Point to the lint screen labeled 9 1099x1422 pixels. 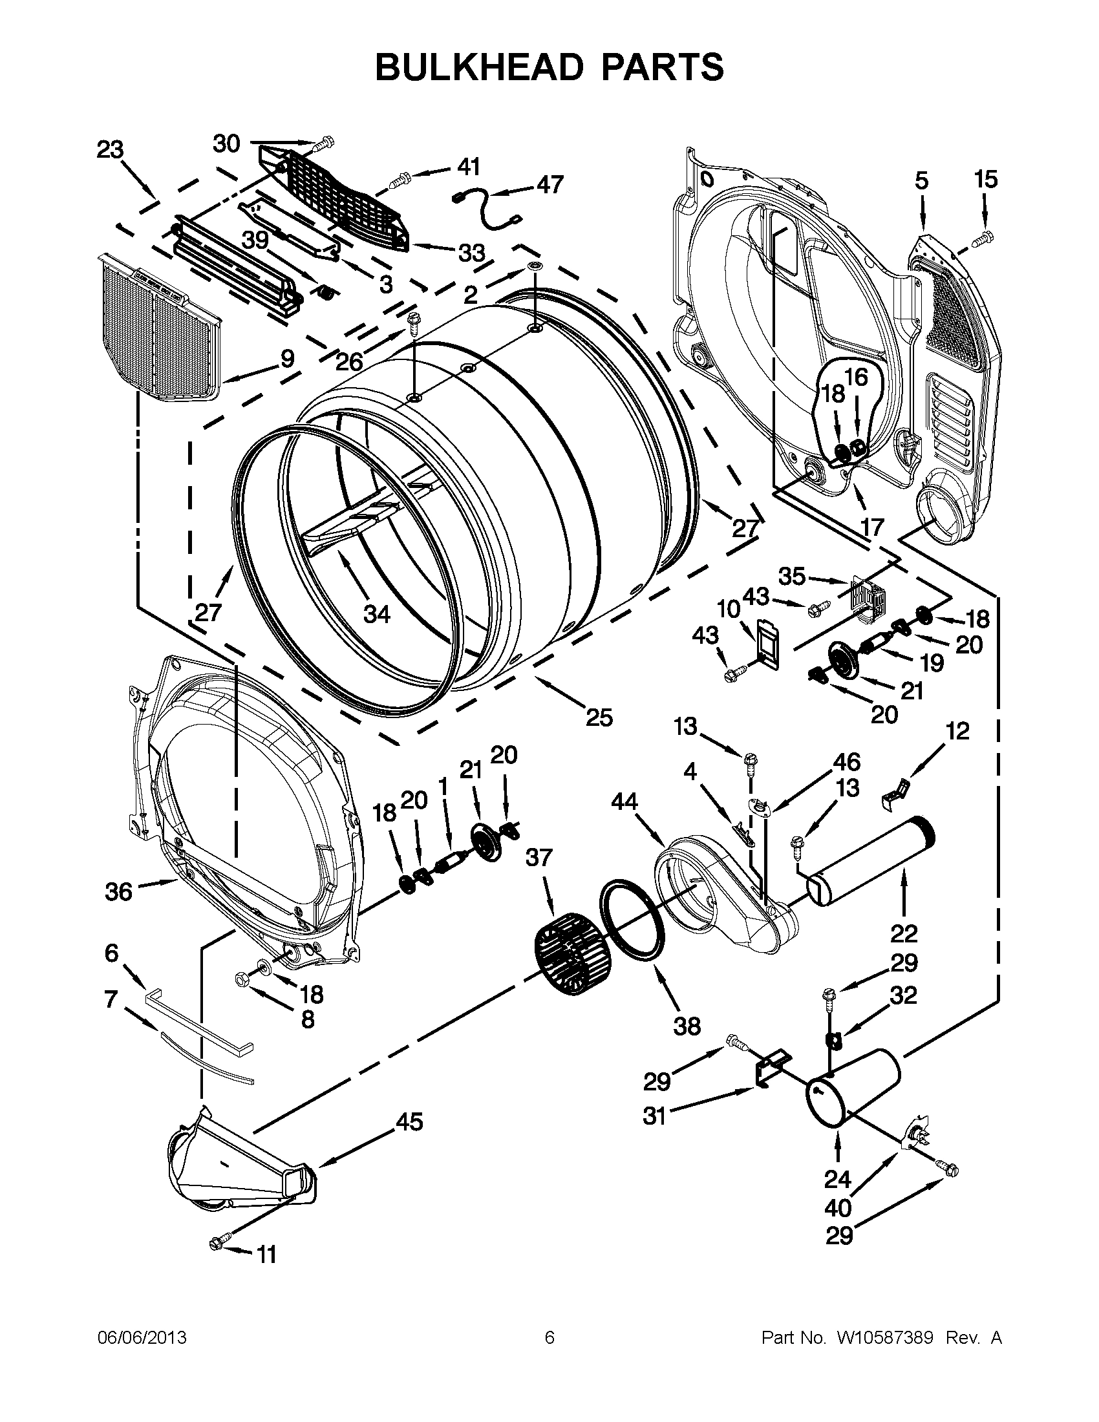160,329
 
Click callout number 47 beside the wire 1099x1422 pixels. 550,185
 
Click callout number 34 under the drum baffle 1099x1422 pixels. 376,613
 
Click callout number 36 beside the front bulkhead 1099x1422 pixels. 119,891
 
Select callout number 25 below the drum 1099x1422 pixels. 599,717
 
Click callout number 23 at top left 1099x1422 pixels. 110,151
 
